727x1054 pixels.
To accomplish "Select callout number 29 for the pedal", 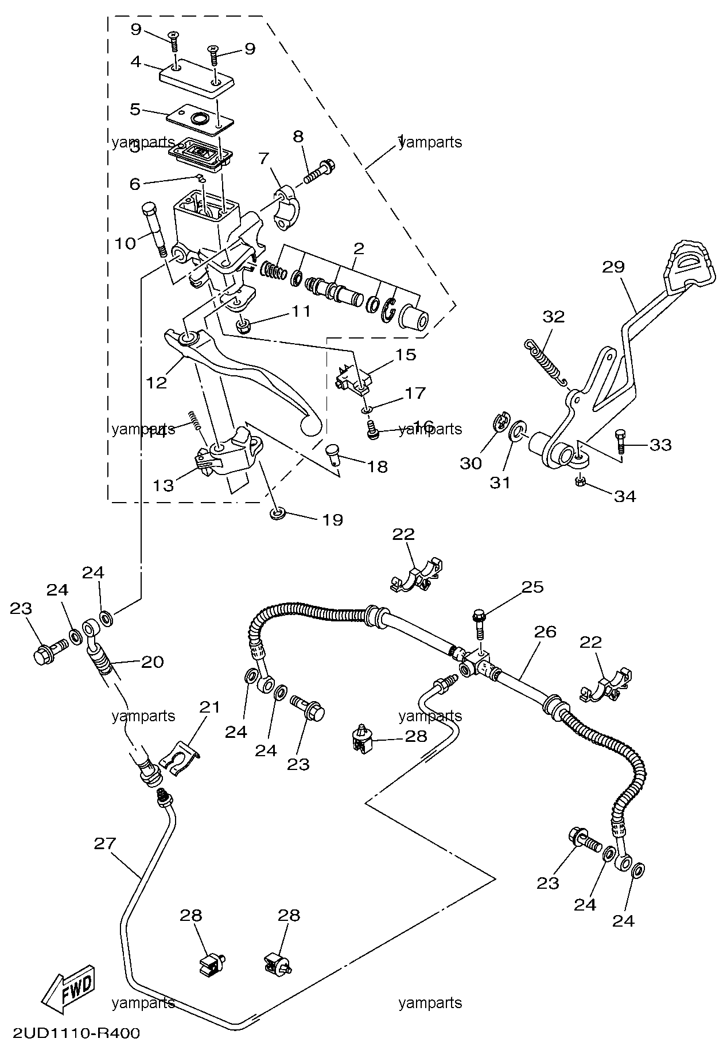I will [613, 267].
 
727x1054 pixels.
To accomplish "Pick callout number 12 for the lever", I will [155, 382].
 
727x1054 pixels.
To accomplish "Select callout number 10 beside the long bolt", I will [125, 243].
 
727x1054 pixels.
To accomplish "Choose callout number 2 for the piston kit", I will [358, 248].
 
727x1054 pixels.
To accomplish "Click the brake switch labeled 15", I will [352, 378].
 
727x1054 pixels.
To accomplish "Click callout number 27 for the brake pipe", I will [105, 843].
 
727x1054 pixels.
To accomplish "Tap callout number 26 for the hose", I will [545, 632].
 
